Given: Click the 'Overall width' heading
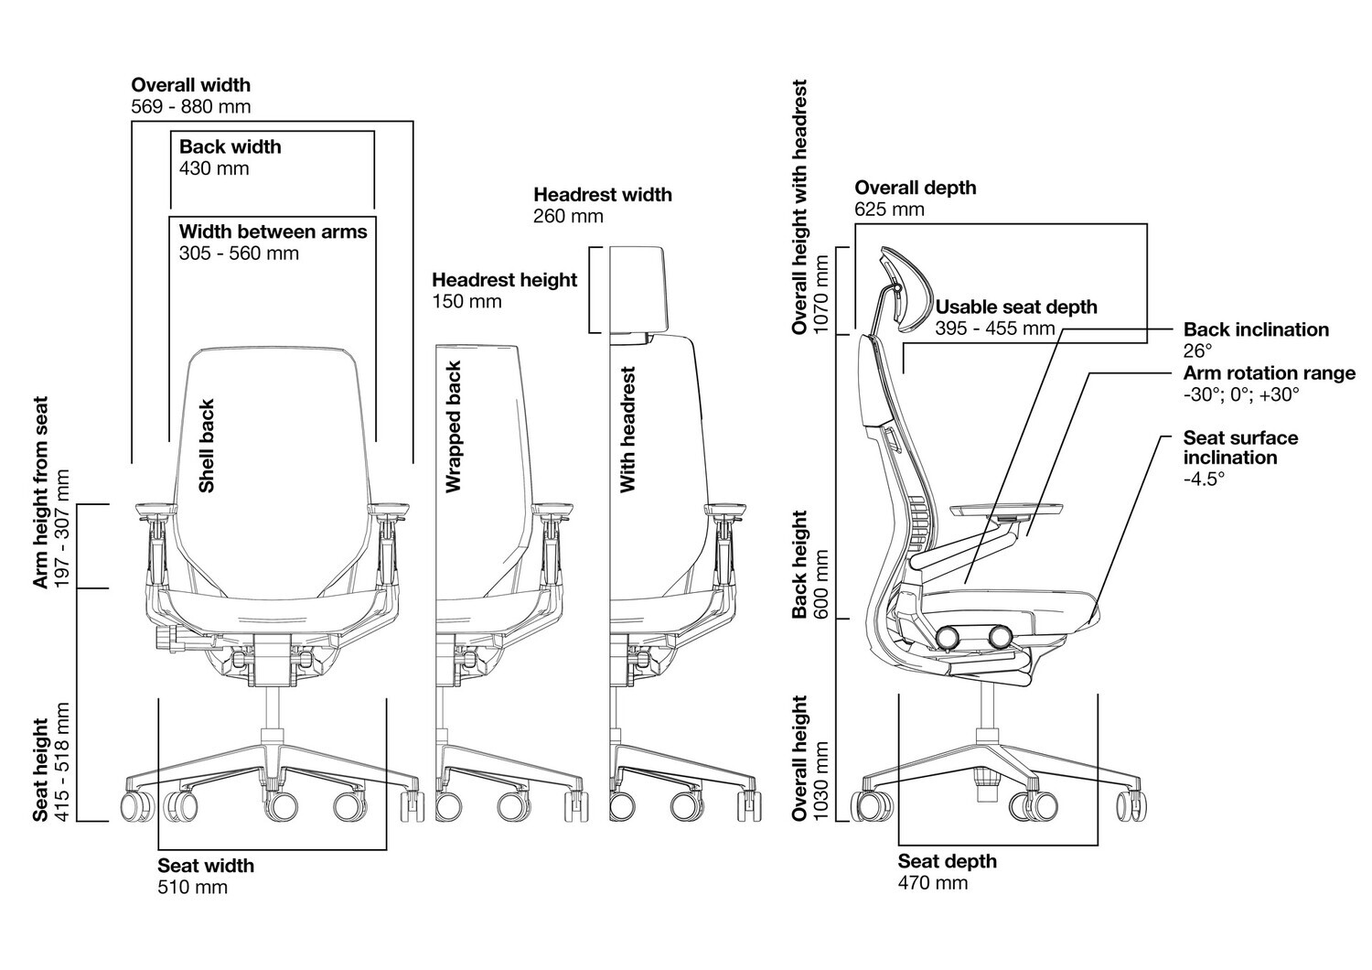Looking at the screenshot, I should click(190, 85).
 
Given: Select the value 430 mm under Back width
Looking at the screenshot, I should click(214, 168).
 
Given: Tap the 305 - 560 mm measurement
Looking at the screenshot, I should click(239, 253).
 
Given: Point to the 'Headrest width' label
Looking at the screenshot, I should click(602, 195).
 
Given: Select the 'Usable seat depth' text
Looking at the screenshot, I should click(1015, 307).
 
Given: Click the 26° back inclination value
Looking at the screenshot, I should click(1196, 350).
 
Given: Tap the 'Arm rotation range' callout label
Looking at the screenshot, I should click(1269, 373).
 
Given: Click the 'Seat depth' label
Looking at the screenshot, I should click(947, 861).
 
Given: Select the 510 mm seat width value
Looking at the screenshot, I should click(192, 887).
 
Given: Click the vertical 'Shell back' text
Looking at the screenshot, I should click(207, 446).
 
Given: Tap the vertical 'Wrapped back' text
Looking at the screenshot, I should click(454, 427).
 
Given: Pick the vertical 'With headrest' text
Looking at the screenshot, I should click(627, 430).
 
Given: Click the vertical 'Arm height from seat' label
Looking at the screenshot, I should click(40, 491).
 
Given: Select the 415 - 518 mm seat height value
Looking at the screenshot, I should click(62, 761).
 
